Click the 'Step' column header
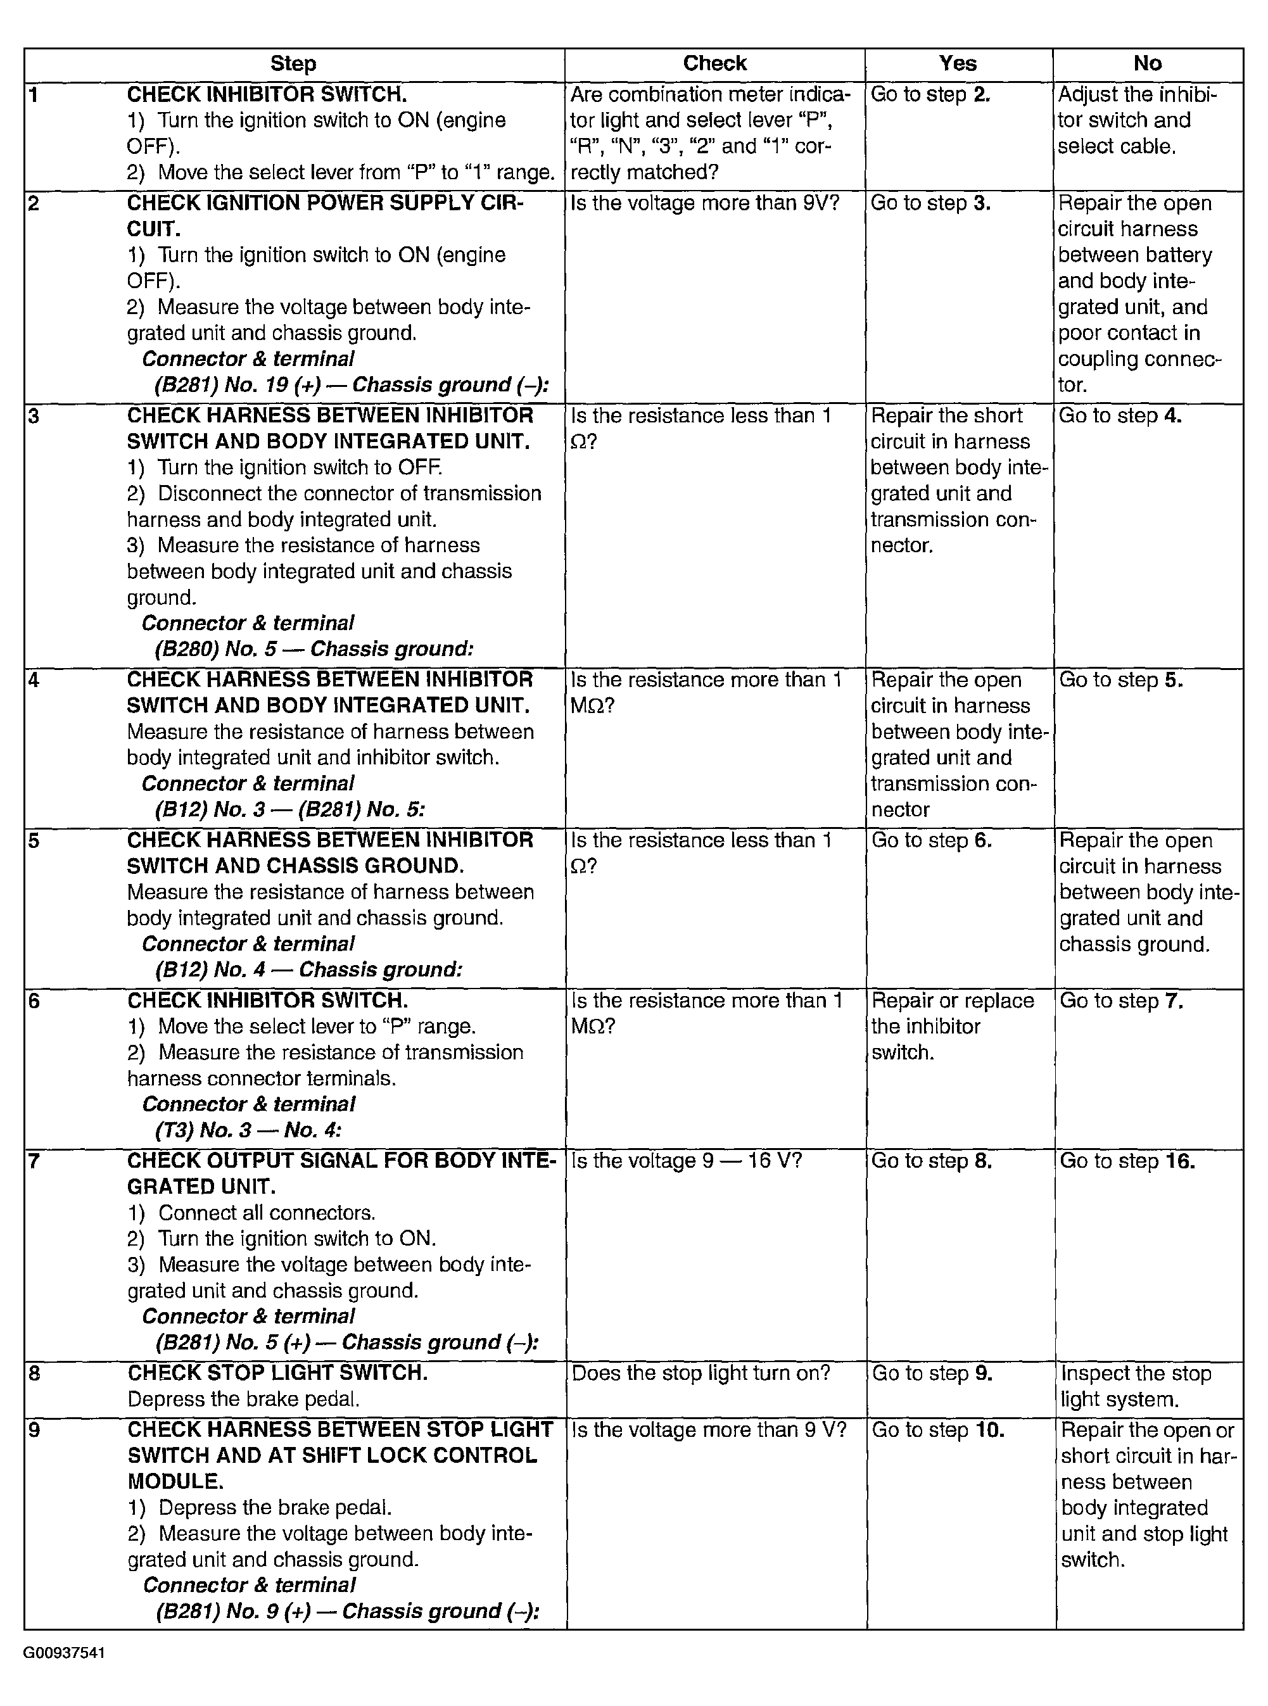[293, 64]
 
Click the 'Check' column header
[714, 64]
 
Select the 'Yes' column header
[958, 64]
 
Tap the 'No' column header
[1148, 64]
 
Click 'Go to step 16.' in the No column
[1127, 1161]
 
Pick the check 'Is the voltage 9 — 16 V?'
[687, 1161]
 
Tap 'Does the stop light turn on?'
[701, 1373]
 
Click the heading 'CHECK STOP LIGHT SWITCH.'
[277, 1373]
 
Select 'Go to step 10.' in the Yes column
[938, 1431]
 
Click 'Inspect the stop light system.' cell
[1136, 1386]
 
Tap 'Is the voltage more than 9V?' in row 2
[704, 203]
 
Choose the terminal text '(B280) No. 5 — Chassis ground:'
[314, 649]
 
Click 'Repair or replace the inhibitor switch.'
[952, 1027]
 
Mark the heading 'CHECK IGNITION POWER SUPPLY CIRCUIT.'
[325, 216]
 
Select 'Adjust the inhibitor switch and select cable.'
[1137, 120]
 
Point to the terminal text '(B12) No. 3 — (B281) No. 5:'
[290, 810]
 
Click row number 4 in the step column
[34, 681]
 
